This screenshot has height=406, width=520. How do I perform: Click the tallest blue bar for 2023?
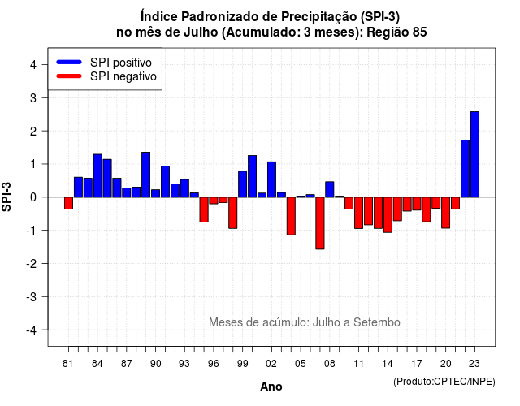point(474,154)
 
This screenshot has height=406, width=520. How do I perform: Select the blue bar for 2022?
point(465,168)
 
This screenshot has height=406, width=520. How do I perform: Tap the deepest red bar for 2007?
point(320,223)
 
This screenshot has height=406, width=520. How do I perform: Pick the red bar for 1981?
point(68,203)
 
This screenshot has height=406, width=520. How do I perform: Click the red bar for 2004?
point(291,216)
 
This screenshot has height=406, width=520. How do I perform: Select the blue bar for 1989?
point(146,175)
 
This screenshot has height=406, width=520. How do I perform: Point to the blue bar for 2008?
point(330,189)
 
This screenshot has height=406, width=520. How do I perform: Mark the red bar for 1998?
point(233,213)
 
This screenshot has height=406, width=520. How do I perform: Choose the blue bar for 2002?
point(271,179)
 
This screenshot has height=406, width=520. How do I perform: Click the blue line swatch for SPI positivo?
point(69,62)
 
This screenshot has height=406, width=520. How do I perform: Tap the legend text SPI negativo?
point(123,76)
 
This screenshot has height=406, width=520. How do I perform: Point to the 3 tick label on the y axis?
point(33,98)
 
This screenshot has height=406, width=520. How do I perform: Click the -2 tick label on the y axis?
point(32,263)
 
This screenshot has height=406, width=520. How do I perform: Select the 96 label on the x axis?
point(214,364)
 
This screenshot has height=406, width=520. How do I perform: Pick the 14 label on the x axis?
point(388,364)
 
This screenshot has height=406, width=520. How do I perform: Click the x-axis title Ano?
point(271,387)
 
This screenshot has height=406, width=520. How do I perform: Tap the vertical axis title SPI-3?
point(6,197)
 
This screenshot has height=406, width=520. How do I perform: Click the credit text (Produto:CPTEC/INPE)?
point(444,382)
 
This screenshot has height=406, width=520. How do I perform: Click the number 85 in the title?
point(420,32)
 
